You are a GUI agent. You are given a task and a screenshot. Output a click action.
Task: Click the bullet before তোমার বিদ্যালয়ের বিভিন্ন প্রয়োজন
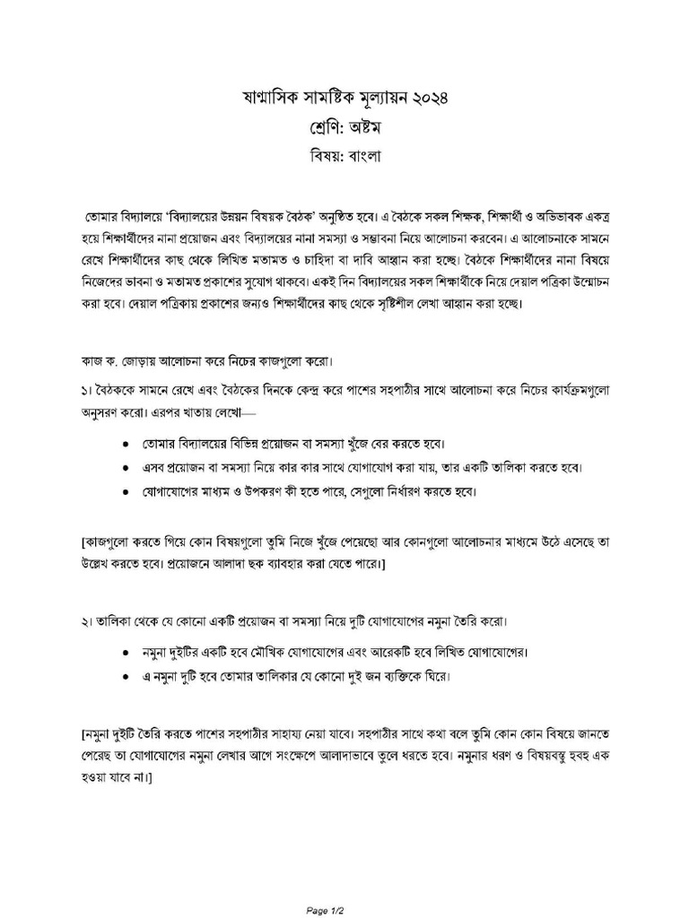coord(124,445)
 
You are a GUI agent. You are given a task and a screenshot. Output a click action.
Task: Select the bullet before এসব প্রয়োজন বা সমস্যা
coord(124,468)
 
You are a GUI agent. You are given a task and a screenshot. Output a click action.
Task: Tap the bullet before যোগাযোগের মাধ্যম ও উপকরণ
coord(124,492)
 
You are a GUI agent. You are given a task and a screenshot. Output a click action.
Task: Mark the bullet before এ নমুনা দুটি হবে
coord(124,677)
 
